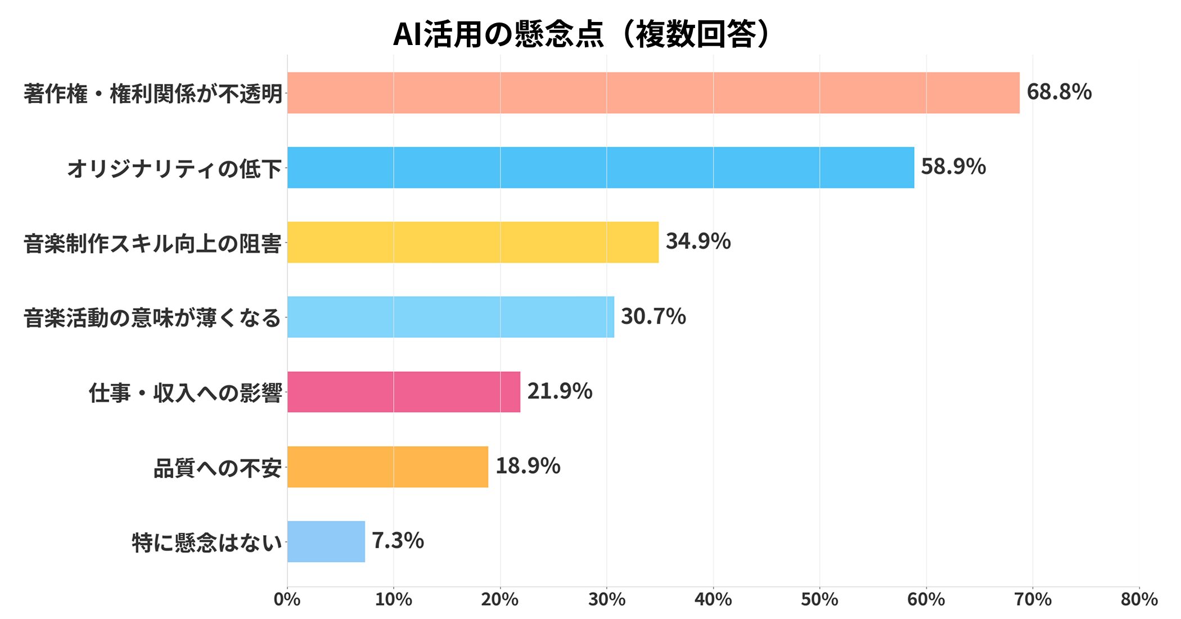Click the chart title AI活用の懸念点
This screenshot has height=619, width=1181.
[582, 34]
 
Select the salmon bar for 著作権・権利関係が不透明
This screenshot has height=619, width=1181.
[652, 93]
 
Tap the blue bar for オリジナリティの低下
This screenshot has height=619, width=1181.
[600, 168]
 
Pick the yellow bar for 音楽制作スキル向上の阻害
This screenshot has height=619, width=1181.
[472, 242]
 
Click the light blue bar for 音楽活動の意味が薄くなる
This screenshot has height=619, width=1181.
[450, 317]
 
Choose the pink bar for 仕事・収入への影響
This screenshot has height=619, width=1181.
[403, 392]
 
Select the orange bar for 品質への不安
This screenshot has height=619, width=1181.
[387, 467]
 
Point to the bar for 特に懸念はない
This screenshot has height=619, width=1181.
[326, 541]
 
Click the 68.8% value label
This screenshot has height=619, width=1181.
[1059, 92]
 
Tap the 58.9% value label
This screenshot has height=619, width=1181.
[953, 167]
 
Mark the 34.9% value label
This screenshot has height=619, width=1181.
[698, 241]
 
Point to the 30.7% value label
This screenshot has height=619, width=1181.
[653, 316]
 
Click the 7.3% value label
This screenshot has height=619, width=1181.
[398, 541]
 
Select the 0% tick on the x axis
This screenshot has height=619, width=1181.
[287, 599]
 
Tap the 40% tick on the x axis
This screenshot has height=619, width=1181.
[713, 599]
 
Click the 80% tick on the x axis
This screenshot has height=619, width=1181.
[1139, 599]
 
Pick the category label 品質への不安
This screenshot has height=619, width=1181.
[217, 468]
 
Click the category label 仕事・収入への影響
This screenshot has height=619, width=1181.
[185, 393]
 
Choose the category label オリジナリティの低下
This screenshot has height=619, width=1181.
[174, 168]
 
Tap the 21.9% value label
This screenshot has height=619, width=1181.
[560, 391]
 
